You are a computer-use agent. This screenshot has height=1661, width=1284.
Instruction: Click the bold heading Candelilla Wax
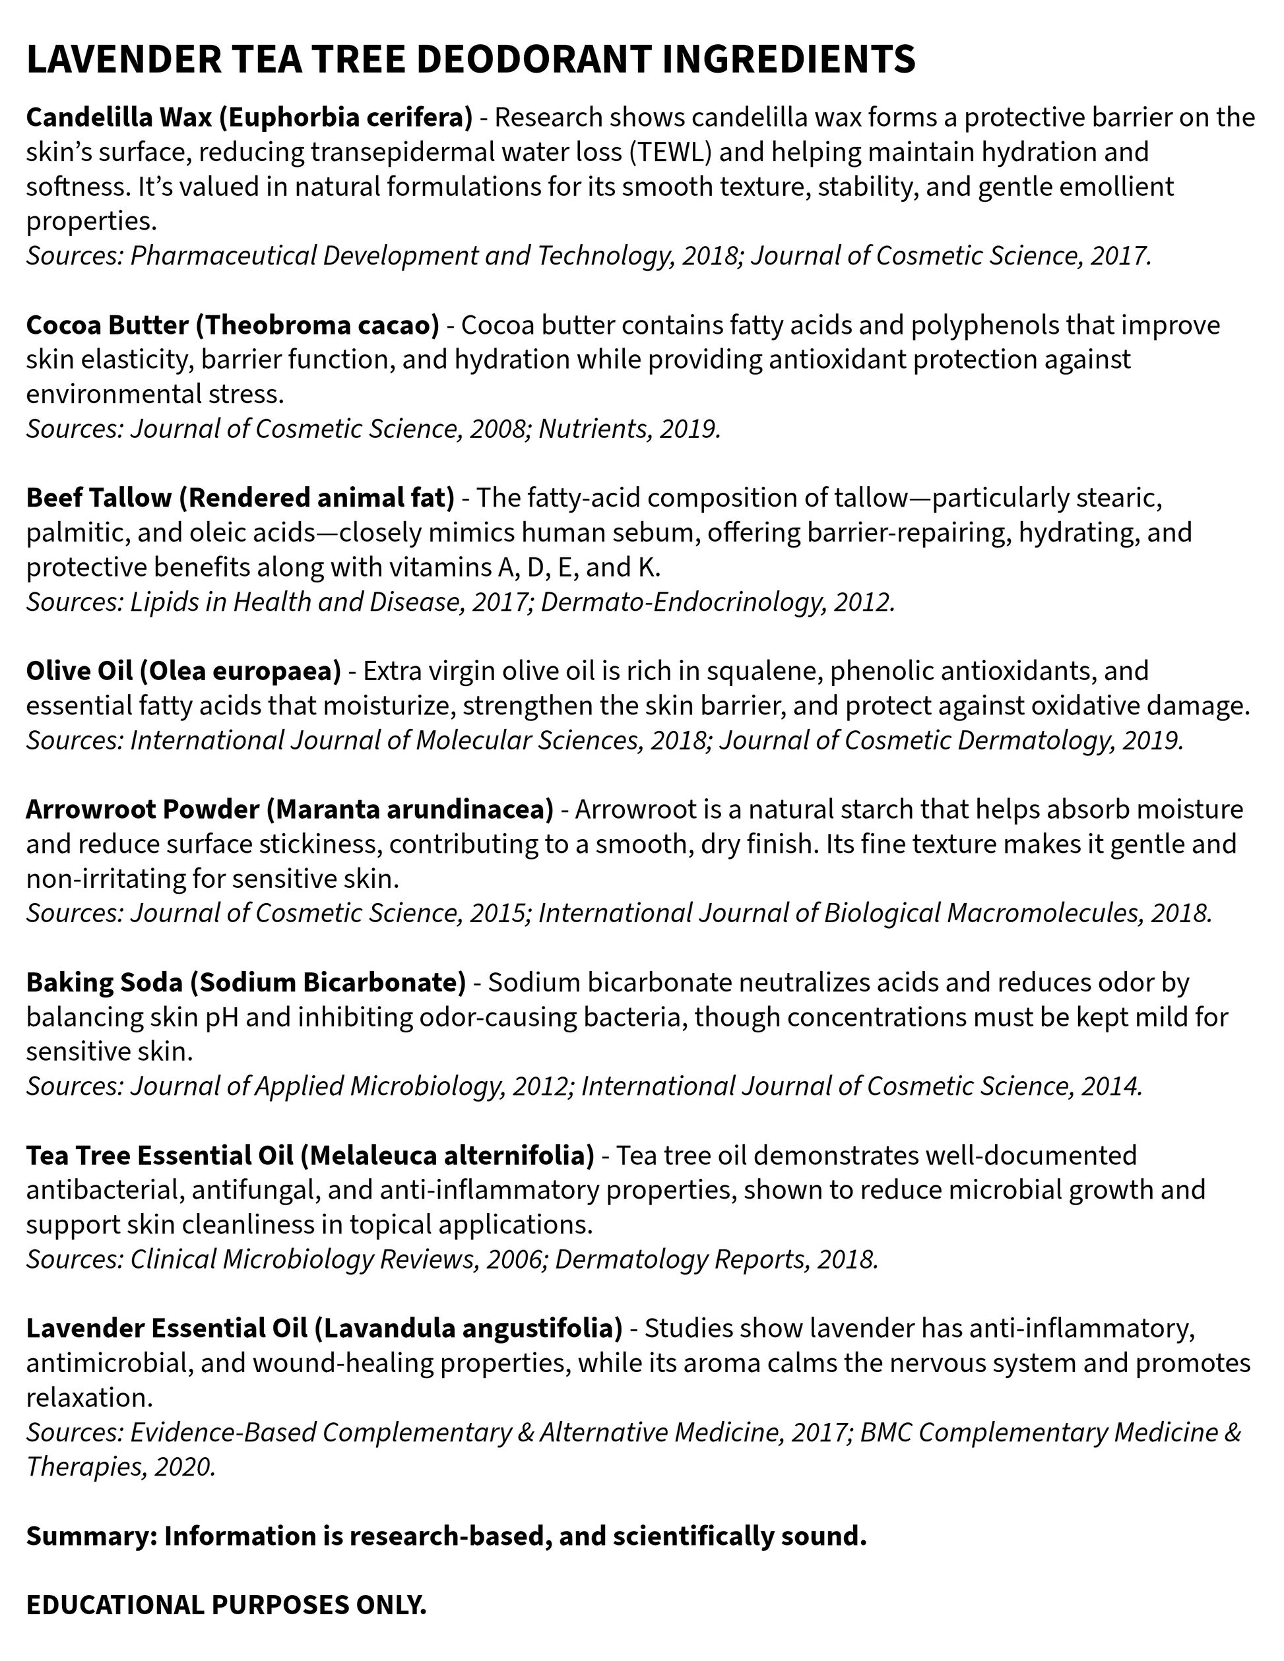(121, 118)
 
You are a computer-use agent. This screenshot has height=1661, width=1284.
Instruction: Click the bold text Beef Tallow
(98, 497)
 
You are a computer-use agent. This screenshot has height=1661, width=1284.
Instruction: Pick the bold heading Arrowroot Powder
(143, 809)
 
